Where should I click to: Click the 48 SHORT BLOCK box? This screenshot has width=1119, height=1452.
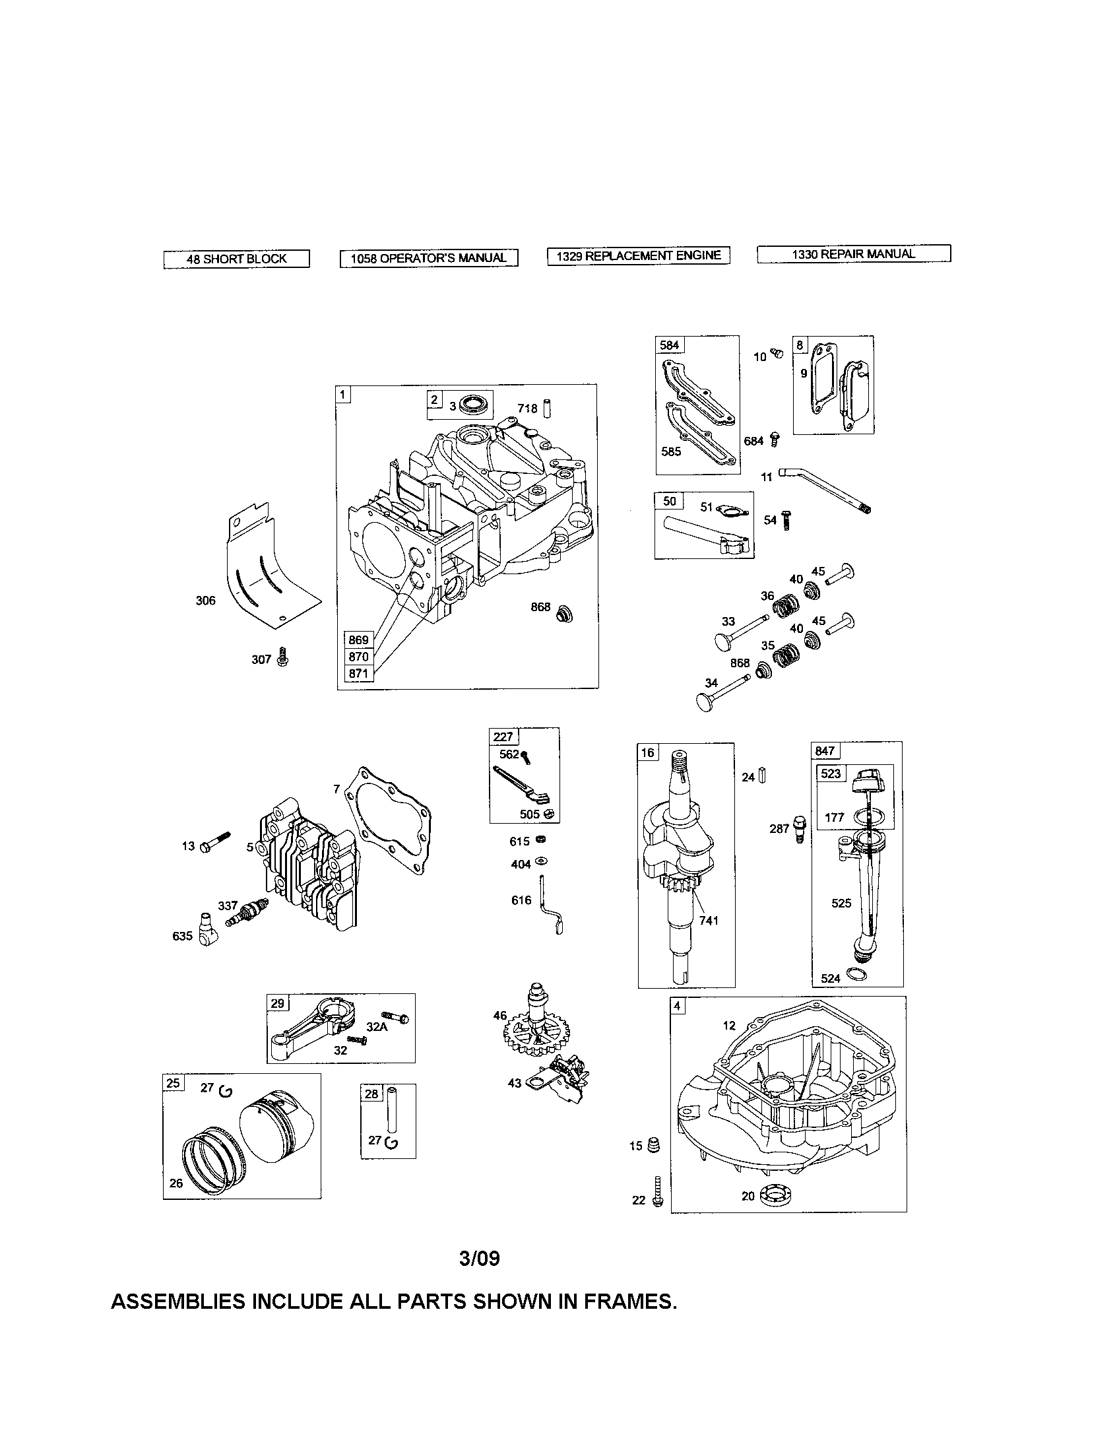(236, 259)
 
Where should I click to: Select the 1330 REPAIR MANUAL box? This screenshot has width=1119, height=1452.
(853, 253)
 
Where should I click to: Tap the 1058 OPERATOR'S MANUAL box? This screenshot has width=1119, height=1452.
(429, 258)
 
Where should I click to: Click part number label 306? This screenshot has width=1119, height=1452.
(205, 601)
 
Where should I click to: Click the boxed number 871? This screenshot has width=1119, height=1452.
(358, 673)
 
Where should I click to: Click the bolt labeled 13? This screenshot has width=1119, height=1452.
(216, 842)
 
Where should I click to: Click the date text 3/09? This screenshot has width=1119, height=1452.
(479, 1258)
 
